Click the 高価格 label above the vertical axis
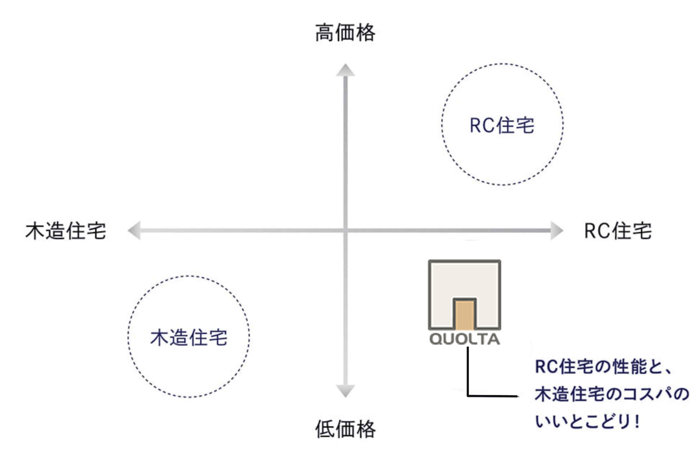(345, 33)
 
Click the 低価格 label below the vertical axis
(345, 429)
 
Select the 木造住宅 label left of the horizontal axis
(66, 231)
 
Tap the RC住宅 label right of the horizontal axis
(618, 231)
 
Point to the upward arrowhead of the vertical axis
(345, 70)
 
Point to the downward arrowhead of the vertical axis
(345, 391)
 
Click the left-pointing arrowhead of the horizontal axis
(134, 230)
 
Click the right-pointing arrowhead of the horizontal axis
(557, 230)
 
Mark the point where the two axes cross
(345, 230)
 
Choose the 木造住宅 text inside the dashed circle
(189, 337)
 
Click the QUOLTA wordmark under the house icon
(464, 339)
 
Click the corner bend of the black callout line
(468, 396)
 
